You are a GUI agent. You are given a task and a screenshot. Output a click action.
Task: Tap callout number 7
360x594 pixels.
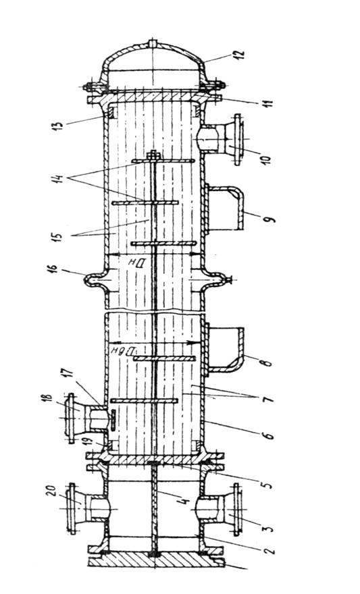pos(267,398)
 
